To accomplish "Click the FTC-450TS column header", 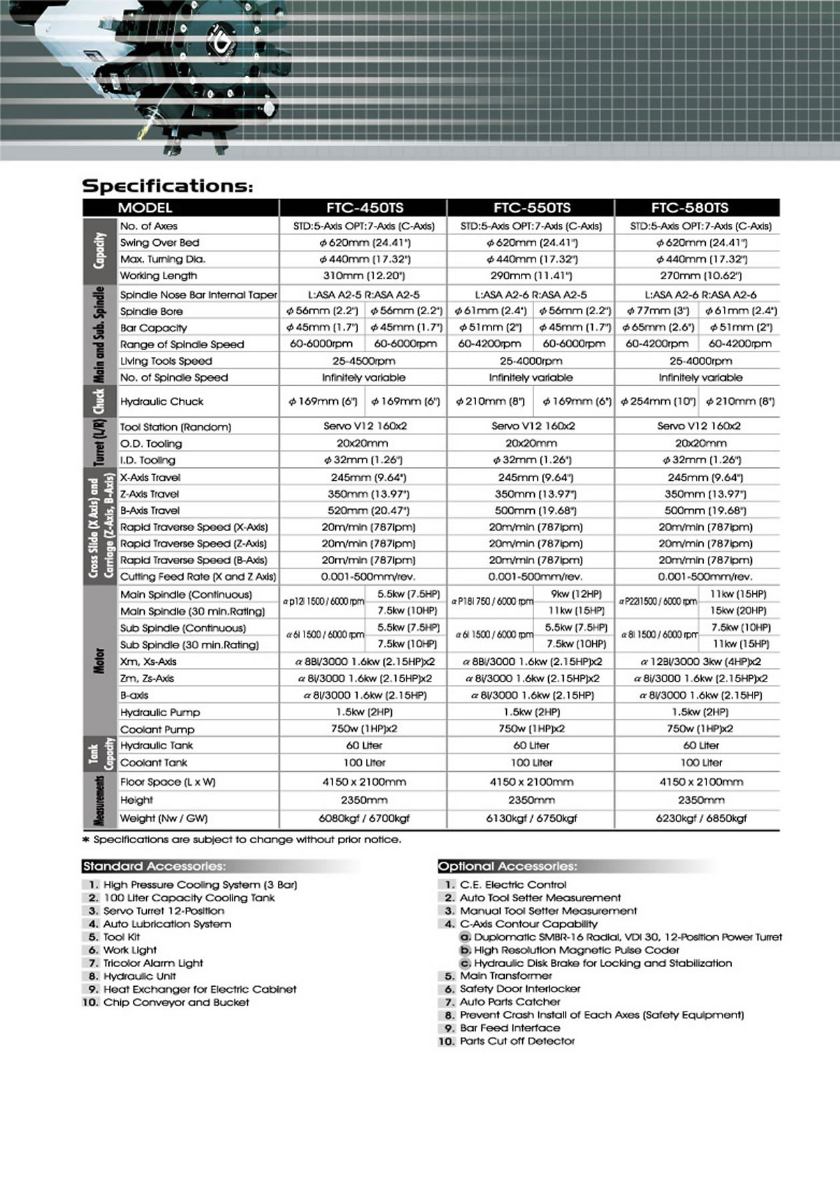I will (365, 208).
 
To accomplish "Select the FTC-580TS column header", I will (699, 208).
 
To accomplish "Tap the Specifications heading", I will (168, 186).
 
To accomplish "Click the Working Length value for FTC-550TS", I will (532, 275).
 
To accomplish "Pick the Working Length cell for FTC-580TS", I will (700, 275).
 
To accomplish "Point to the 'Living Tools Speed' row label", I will (166, 361).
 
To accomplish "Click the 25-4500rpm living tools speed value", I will (364, 361).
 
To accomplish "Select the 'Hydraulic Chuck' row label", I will (162, 402).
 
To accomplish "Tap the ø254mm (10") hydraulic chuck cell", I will (657, 402).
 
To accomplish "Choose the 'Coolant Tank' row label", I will (154, 762).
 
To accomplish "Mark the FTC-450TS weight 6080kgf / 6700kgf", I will (365, 818).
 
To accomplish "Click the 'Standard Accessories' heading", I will (154, 867).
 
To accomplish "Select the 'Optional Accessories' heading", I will (507, 867).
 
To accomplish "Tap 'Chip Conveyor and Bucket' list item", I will (176, 1002).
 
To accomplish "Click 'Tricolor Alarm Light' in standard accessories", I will (153, 963).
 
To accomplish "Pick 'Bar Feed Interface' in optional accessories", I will (510, 1028).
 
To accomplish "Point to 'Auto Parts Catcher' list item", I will (510, 1002).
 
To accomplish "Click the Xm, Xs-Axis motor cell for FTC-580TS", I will (700, 661).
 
